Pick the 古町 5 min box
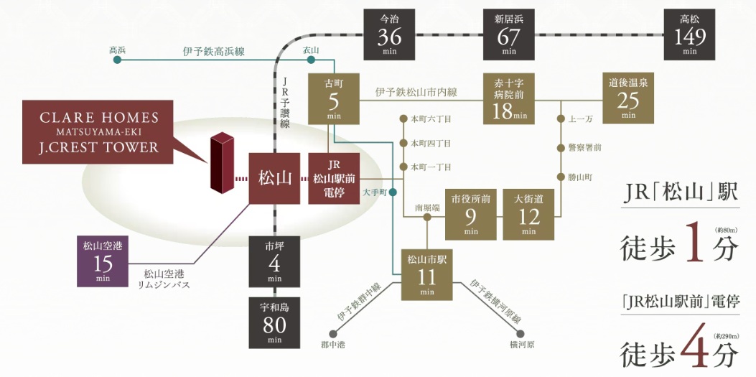[x=334, y=99]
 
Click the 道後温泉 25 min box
[x=628, y=99]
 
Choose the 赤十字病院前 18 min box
[x=508, y=99]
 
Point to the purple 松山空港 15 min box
[x=103, y=261]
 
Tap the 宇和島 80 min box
[x=274, y=322]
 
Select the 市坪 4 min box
[x=274, y=262]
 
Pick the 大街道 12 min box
[x=528, y=215]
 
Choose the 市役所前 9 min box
[x=470, y=215]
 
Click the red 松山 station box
[x=274, y=178]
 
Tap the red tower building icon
[x=222, y=162]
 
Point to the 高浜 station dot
[x=116, y=60]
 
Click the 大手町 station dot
[x=393, y=192]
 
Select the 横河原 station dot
[x=521, y=334]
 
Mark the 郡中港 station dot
[x=332, y=334]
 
